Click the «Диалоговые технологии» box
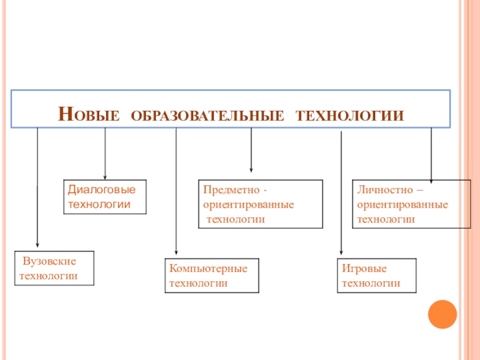[106, 197]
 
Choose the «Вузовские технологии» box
[54, 269]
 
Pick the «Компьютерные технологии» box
[212, 275]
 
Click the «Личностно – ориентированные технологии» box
[411, 204]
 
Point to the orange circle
[443, 314]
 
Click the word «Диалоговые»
[101, 190]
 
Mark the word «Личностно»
[385, 190]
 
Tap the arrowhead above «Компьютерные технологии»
[176, 252]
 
